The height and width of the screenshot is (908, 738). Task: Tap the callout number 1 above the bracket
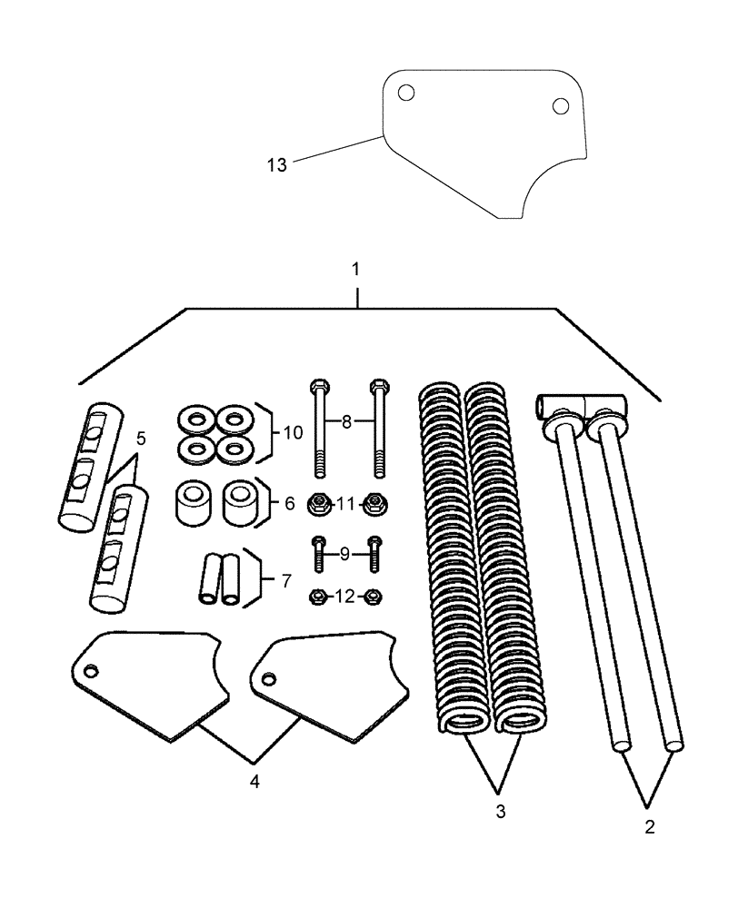356,270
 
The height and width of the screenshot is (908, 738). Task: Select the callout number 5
141,439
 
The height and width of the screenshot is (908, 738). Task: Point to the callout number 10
292,433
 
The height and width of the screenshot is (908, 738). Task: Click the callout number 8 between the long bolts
346,421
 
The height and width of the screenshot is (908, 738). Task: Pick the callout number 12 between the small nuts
345,597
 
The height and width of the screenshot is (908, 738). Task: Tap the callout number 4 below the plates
255,781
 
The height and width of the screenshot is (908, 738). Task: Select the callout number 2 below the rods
647,827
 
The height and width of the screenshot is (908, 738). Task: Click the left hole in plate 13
406,93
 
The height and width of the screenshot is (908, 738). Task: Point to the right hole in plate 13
560,105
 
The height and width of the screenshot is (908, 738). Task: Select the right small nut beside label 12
373,597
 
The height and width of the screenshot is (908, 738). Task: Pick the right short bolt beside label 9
374,552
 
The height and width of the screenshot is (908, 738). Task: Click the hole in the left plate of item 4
90,671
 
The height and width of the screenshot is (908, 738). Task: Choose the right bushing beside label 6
240,502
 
